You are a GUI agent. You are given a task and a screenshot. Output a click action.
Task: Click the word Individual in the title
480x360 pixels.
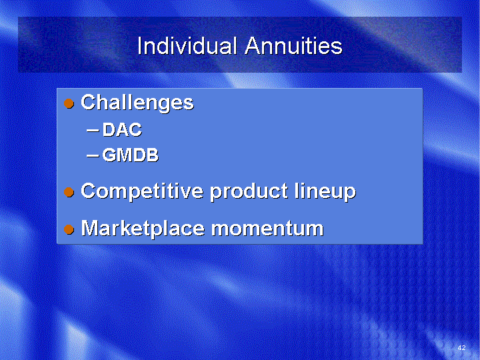click(x=187, y=45)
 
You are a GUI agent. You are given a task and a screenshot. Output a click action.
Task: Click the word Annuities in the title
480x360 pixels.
click(x=293, y=45)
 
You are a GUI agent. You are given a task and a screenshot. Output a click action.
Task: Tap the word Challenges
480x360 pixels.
click(x=137, y=103)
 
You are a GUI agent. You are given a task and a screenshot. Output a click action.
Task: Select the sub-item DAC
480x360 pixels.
click(x=122, y=129)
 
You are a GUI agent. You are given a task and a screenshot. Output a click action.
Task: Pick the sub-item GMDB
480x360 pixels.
click(x=131, y=155)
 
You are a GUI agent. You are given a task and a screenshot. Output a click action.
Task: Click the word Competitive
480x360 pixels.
click(x=142, y=191)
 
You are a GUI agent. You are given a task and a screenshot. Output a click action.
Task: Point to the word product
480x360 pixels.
click(x=249, y=191)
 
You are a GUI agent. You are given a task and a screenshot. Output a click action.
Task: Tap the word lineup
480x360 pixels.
click(x=325, y=191)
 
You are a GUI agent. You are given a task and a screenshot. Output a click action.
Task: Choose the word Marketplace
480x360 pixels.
click(x=143, y=229)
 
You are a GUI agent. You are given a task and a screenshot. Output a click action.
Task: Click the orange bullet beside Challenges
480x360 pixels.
click(x=69, y=103)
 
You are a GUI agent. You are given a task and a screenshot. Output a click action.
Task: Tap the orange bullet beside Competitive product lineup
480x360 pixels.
click(x=69, y=192)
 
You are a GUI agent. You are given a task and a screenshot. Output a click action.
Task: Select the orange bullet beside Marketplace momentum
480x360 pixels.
click(x=69, y=229)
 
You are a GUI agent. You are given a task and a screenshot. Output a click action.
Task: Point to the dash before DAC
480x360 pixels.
click(x=93, y=131)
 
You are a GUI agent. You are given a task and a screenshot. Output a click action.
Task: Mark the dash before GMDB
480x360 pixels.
click(x=93, y=155)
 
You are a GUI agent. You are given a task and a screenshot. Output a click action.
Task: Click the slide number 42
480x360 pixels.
click(x=461, y=347)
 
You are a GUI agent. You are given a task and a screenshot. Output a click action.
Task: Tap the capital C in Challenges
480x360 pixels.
click(x=89, y=102)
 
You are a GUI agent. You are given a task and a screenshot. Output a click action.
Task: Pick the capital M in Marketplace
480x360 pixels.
click(x=91, y=228)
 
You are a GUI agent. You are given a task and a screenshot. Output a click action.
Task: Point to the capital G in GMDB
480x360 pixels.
click(x=109, y=155)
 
